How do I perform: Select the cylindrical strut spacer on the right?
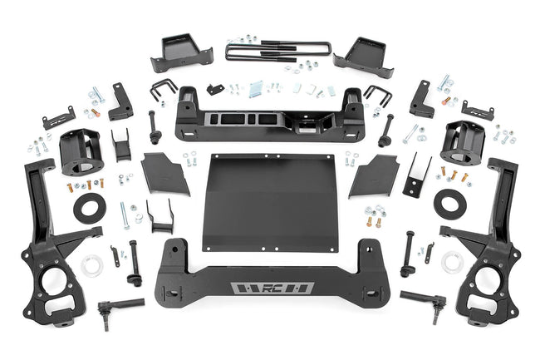pos(462,142)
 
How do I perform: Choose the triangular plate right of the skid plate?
pos(375,175)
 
